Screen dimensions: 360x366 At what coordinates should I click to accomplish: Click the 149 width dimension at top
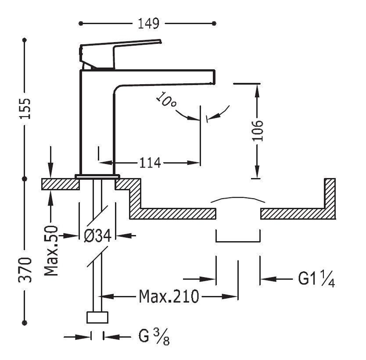point(147,23)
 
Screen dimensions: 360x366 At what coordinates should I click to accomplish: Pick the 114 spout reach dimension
point(150,163)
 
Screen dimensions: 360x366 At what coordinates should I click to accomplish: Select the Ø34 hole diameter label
point(97,236)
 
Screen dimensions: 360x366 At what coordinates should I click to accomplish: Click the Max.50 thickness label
point(52,251)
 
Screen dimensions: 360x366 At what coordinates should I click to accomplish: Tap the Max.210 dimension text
point(169,297)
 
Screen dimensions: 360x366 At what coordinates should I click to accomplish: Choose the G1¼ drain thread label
point(317,279)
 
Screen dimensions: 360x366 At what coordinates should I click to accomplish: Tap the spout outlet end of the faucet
point(214,77)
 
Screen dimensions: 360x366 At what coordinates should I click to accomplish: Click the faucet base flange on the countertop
point(97,176)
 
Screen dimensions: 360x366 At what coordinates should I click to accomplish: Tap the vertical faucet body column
point(97,123)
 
